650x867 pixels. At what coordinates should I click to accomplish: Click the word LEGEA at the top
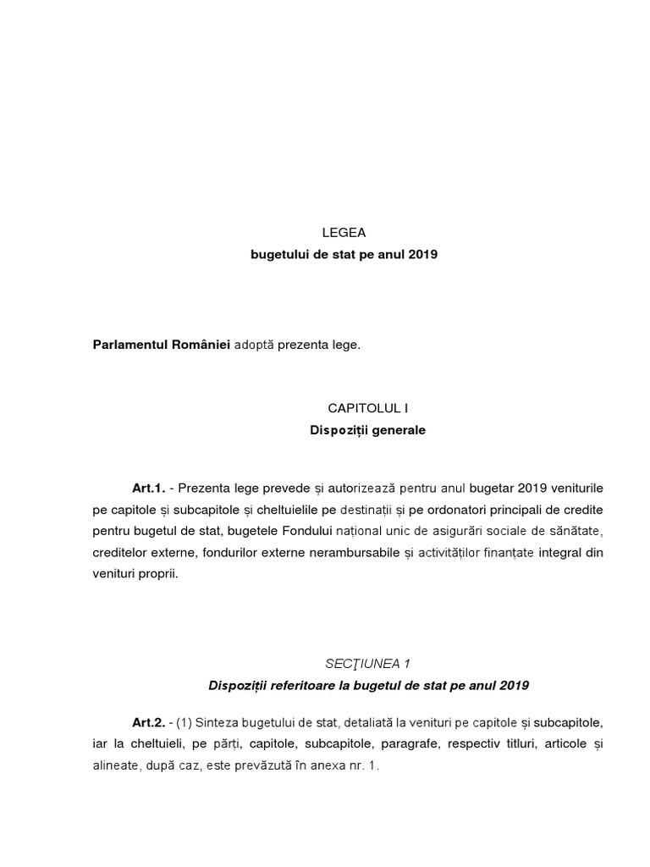coord(343,233)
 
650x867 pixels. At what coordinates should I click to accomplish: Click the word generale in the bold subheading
coord(396,430)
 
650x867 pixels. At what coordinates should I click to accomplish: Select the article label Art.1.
coord(148,489)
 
